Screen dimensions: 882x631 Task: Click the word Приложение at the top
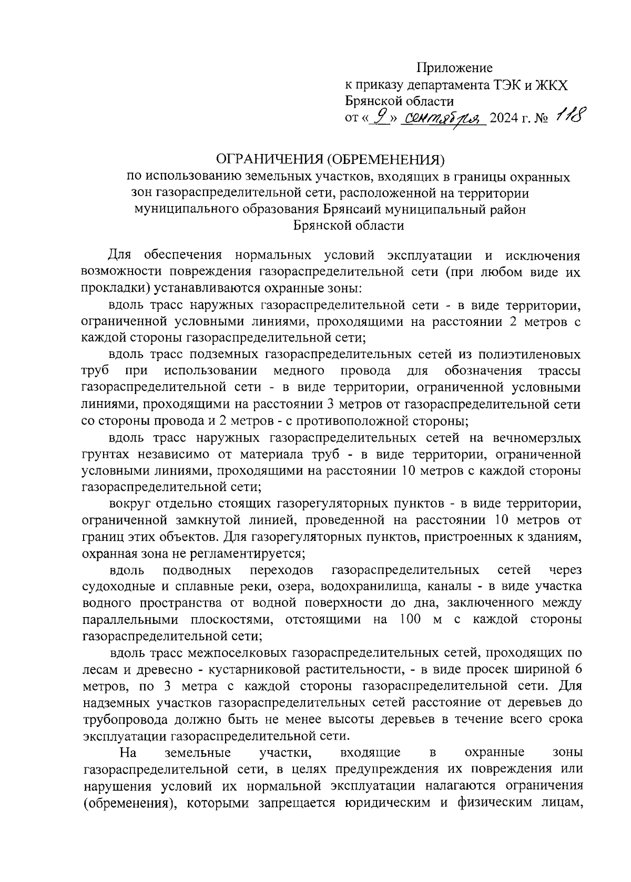pos(454,68)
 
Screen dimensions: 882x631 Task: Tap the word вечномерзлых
pos(537,437)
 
